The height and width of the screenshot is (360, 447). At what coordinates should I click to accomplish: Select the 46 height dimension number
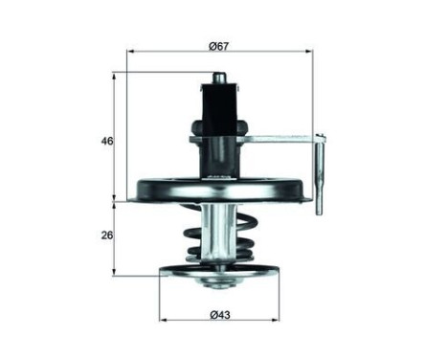click(x=108, y=141)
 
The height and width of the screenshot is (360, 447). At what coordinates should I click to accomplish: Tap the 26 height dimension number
click(x=108, y=236)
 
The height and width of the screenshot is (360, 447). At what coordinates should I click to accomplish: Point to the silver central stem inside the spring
click(x=221, y=235)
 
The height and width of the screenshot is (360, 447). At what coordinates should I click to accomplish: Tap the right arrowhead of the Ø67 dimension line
click(x=313, y=54)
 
